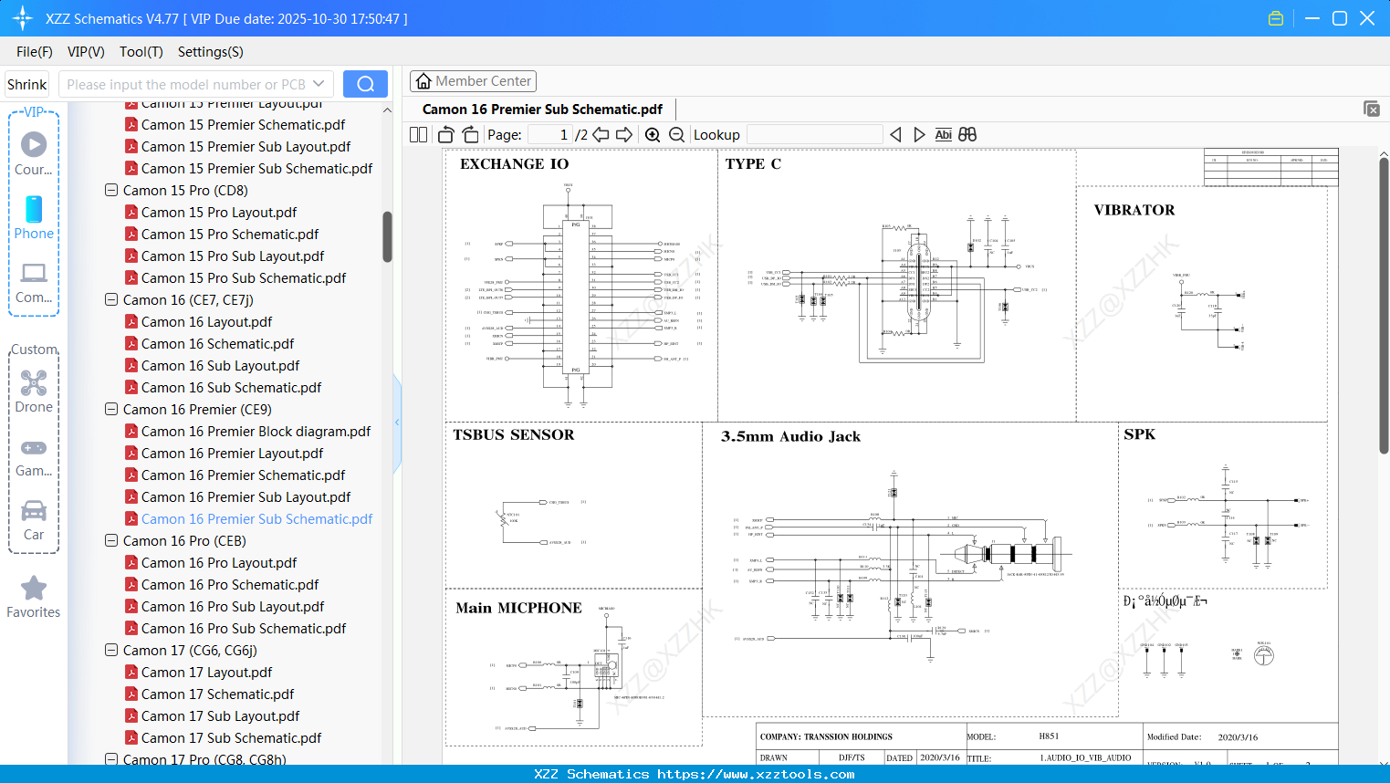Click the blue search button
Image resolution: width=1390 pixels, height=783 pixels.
point(365,84)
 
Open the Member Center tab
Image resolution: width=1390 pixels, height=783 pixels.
point(473,81)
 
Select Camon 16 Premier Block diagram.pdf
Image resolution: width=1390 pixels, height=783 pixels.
point(256,432)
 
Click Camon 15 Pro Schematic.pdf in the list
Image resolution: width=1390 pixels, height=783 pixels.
point(229,235)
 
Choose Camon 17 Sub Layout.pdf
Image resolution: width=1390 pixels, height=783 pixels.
point(220,716)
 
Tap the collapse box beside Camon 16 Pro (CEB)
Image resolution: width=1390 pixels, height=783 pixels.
point(111,541)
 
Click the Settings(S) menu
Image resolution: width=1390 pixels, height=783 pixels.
point(210,52)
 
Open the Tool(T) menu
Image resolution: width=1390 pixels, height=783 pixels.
point(141,52)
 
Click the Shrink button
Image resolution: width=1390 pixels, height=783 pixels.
point(26,84)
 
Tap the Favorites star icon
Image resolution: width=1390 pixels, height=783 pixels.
point(34,589)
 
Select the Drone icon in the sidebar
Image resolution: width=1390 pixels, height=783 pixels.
point(34,383)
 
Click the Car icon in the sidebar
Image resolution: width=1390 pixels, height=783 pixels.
point(34,511)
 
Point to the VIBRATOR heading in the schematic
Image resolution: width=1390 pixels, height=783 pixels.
point(1134,210)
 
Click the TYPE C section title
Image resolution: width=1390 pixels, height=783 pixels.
point(753,164)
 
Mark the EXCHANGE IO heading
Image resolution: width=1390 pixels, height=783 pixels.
point(514,164)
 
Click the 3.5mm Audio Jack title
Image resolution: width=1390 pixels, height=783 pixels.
point(790,436)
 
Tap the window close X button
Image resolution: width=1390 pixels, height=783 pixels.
point(1367,18)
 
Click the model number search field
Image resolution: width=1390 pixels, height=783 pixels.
point(187,84)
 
